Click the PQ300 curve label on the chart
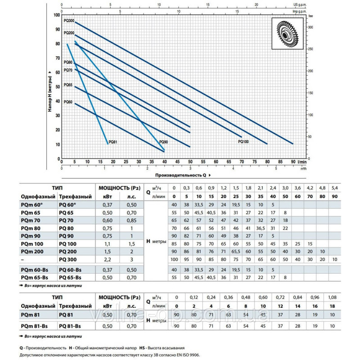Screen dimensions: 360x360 (x=69, y=21)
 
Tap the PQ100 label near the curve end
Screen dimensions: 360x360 (x=243, y=141)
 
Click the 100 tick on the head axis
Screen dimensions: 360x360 (x=57, y=15)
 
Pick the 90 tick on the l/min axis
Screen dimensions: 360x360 (x=293, y=162)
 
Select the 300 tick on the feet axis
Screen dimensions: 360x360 (x=310, y=28)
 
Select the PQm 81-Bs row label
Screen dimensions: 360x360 (x=35, y=326)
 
